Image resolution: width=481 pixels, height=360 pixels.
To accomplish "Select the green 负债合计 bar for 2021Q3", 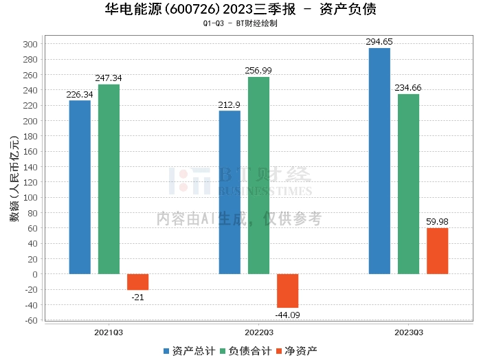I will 109,179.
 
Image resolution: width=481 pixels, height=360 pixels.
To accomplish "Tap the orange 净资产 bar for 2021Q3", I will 137,282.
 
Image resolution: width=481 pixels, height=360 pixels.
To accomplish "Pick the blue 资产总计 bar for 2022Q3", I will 230,192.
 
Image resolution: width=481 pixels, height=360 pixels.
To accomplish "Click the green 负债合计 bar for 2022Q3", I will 258,175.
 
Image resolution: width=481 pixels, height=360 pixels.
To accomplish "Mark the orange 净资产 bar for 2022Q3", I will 287,291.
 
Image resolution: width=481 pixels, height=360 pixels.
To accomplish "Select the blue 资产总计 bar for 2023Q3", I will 379,161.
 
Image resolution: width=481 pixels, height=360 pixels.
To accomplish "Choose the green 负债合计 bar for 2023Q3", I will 408,183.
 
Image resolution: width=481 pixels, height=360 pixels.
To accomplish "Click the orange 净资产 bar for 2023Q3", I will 437,251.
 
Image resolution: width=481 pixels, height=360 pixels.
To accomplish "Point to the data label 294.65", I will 379,43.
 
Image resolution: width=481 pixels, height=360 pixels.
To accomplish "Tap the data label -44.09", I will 287,315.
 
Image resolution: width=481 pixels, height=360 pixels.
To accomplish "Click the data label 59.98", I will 437,222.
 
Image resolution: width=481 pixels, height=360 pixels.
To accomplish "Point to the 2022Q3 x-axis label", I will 258,332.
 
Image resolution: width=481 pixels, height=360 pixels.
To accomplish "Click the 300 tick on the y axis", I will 32,43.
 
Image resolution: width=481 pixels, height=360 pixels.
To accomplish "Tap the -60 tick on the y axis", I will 32,320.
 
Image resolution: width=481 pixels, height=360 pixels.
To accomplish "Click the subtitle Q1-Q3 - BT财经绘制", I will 240,23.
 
